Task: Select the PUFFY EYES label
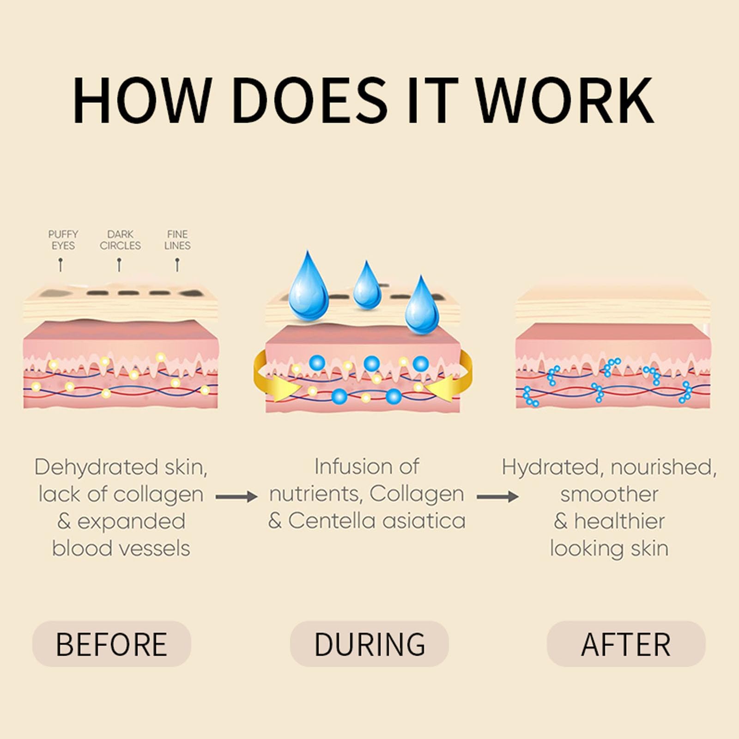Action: (63, 240)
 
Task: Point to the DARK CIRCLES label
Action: (120, 240)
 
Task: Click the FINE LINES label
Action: (177, 240)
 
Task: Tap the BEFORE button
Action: (111, 643)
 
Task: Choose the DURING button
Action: (369, 643)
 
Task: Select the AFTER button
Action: (626, 643)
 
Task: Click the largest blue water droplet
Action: (308, 284)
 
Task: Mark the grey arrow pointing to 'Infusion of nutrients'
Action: (236, 497)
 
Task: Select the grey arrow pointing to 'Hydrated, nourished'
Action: (497, 497)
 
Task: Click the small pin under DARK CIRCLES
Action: (119, 265)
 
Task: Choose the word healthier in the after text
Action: (619, 521)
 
